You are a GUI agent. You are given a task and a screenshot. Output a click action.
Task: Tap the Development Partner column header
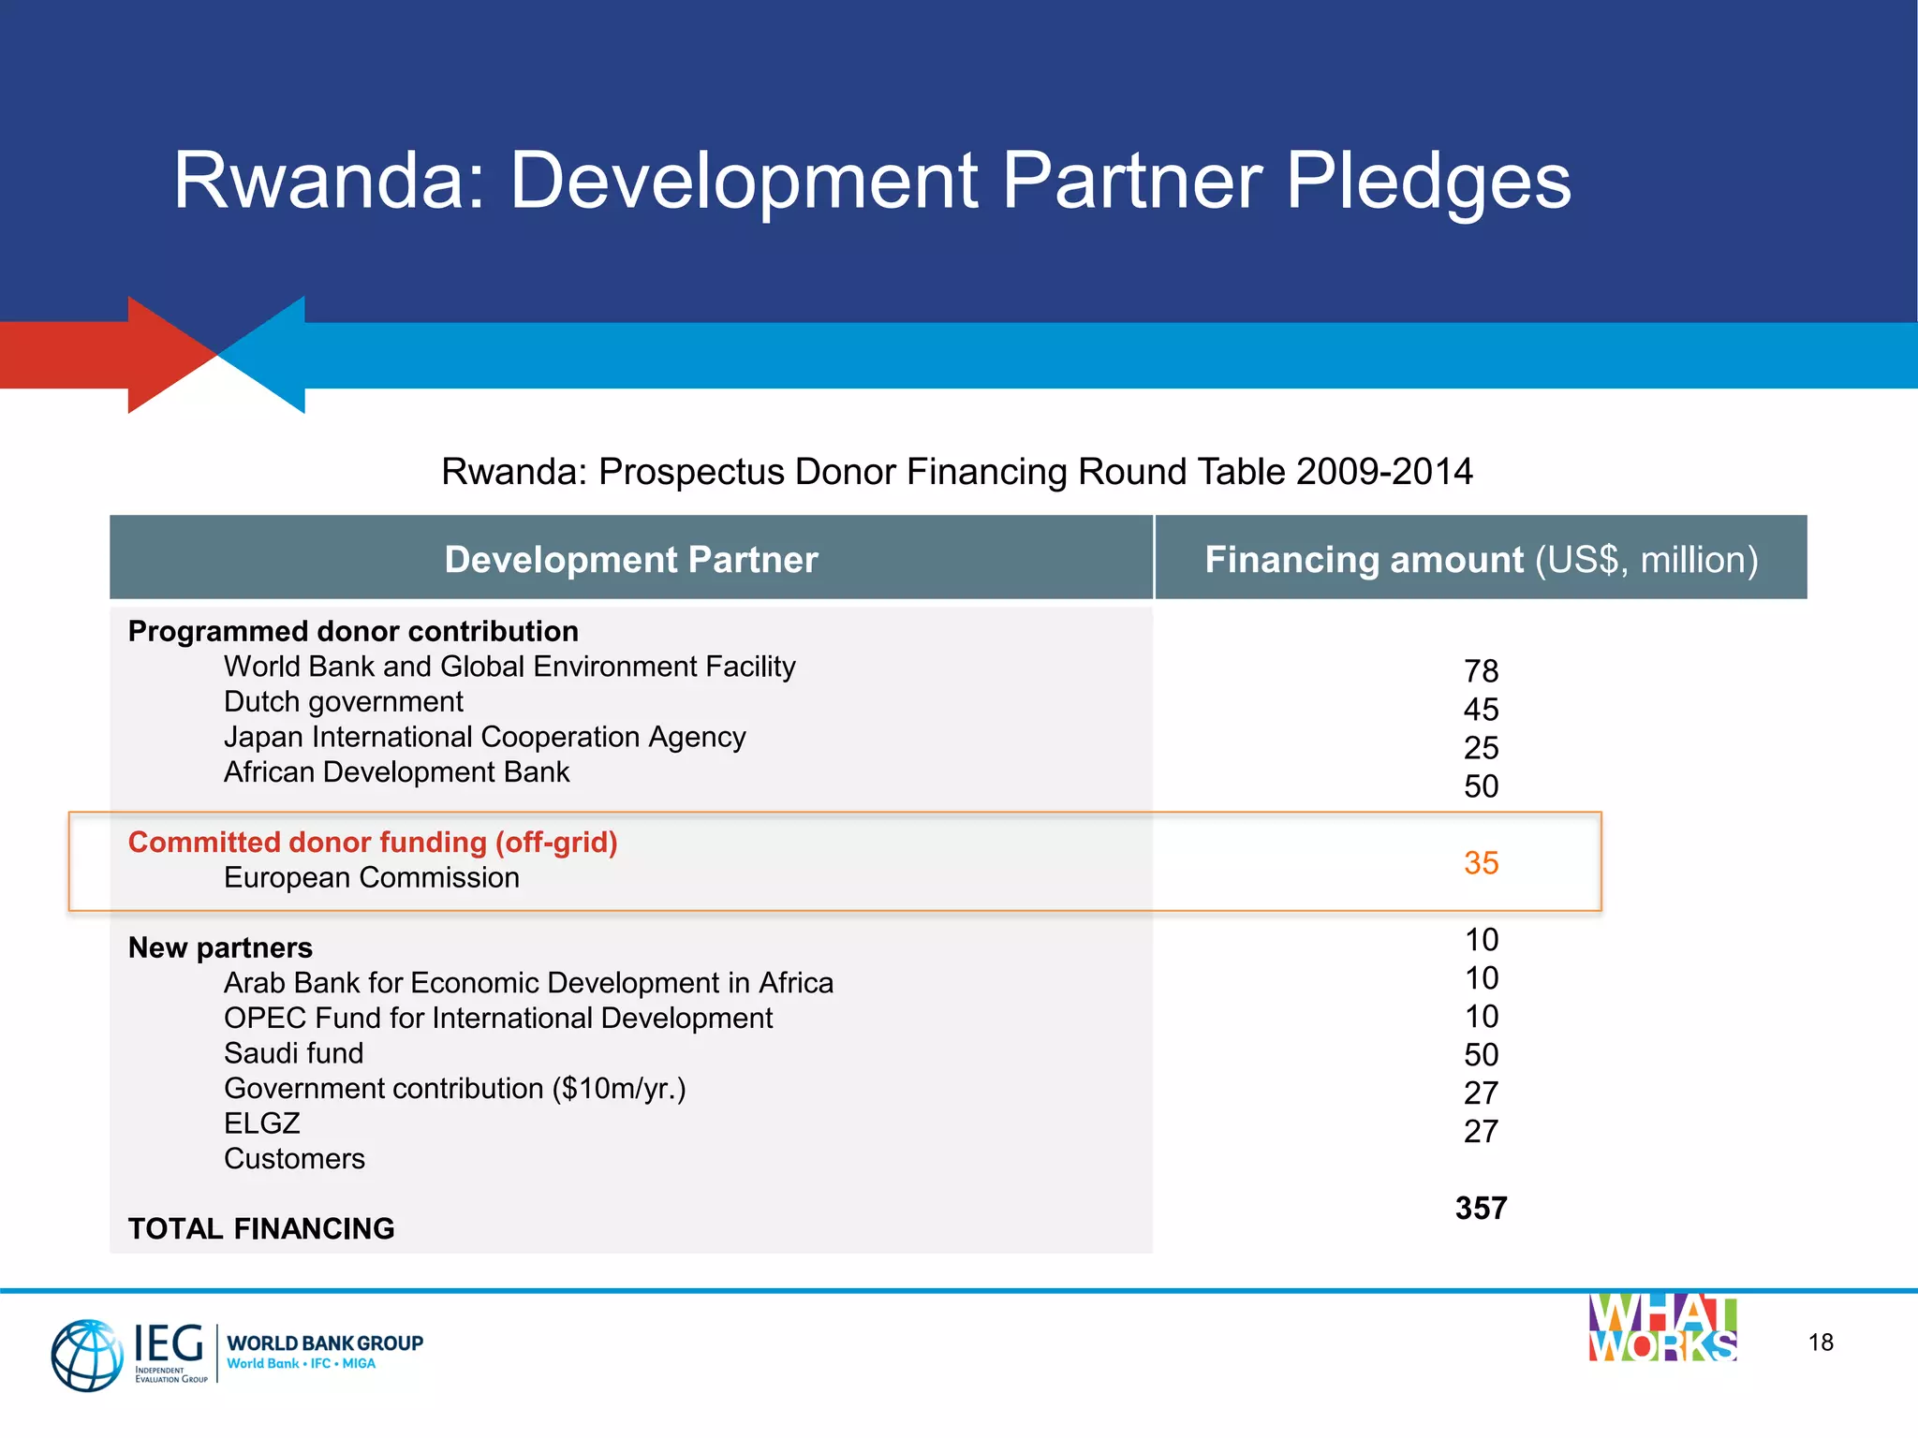click(x=631, y=559)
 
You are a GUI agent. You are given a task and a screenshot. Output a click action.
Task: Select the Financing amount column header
click(x=1481, y=559)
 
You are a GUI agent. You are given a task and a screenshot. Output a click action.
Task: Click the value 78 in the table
click(x=1481, y=671)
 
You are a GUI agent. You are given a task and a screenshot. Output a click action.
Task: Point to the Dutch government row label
click(x=343, y=702)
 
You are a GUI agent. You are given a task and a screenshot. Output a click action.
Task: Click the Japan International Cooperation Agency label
click(x=484, y=738)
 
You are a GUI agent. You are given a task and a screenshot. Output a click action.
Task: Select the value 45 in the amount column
click(x=1481, y=710)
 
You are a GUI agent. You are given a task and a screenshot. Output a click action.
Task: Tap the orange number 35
click(x=1481, y=863)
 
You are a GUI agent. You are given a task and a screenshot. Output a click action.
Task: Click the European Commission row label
click(x=371, y=878)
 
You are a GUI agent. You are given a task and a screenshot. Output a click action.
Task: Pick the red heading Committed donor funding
click(x=373, y=843)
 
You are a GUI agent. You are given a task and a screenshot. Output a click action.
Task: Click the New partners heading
click(x=220, y=947)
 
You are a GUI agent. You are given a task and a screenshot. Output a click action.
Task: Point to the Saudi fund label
click(x=293, y=1053)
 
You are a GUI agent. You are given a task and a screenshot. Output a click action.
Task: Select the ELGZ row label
click(x=261, y=1123)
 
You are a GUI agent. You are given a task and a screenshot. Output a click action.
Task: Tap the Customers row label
click(x=294, y=1159)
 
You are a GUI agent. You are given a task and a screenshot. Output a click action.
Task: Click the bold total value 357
click(x=1481, y=1209)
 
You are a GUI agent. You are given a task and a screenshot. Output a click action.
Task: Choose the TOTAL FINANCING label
click(x=261, y=1229)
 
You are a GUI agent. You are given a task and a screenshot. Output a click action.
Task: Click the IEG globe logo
click(x=86, y=1355)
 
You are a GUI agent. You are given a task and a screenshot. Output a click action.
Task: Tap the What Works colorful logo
click(x=1662, y=1328)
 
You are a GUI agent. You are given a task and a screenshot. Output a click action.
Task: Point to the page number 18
click(x=1821, y=1343)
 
